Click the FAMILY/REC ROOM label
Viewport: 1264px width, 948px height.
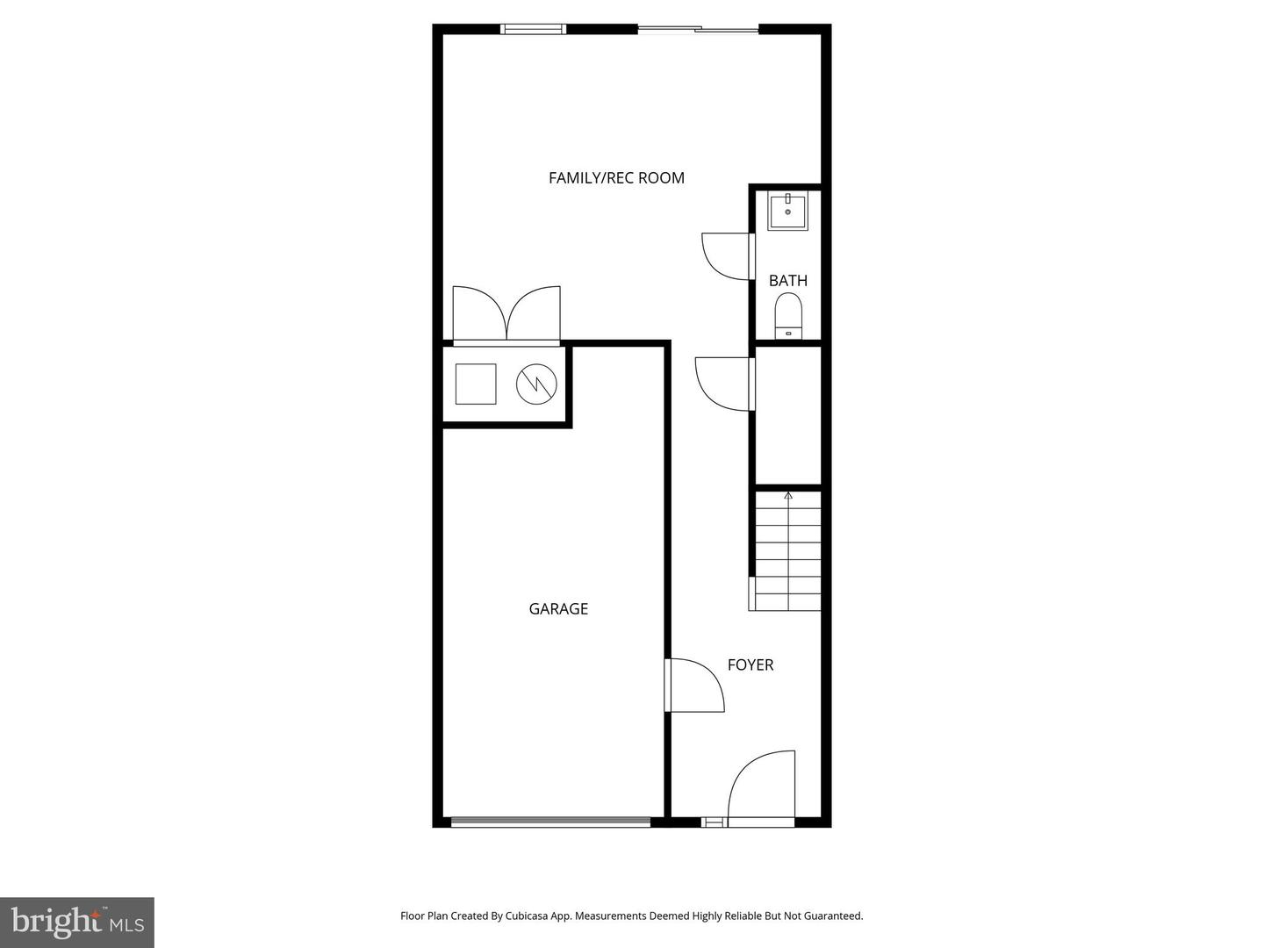(616, 178)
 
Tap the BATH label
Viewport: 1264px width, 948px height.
(787, 281)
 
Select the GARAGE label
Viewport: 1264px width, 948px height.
(558, 609)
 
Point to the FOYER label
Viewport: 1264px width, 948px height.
(750, 665)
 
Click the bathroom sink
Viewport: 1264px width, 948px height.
(787, 212)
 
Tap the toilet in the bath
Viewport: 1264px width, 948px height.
(788, 315)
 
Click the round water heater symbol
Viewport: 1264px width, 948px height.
(536, 384)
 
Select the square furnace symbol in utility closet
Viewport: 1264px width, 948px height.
(476, 384)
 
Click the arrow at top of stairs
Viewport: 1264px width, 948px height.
(788, 496)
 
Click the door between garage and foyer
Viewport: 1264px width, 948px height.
(695, 686)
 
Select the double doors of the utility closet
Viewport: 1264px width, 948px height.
(506, 314)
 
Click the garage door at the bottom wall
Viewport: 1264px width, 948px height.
(550, 822)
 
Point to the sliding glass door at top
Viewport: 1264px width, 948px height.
(698, 30)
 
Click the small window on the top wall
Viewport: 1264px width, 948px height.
(533, 29)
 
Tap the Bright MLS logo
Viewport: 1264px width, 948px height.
(77, 922)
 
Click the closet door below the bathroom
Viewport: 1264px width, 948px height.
(725, 383)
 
